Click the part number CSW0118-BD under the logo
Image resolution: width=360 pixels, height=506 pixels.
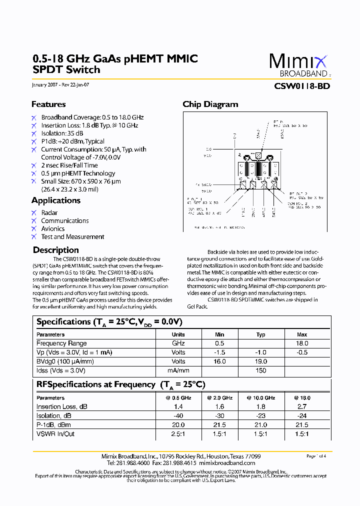click(302, 85)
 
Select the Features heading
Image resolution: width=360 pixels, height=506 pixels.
click(48, 104)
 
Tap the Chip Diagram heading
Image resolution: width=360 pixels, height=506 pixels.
click(210, 104)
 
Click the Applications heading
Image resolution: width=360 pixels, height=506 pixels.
click(55, 200)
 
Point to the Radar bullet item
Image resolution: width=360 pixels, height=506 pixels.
click(49, 213)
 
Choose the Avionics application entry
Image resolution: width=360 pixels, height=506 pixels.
click(52, 229)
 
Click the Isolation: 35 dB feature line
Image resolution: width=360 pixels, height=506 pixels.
click(62, 133)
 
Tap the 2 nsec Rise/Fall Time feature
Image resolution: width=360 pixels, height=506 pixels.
click(69, 165)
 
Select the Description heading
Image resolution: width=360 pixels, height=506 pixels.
click(55, 250)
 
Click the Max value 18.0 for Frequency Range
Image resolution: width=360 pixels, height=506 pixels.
click(302, 343)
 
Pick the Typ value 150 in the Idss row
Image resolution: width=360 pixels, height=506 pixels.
click(260, 370)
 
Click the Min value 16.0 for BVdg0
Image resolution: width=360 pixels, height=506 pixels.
click(219, 361)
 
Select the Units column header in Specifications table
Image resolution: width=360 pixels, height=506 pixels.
click(178, 334)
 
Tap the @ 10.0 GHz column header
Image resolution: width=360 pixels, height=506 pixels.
click(260, 398)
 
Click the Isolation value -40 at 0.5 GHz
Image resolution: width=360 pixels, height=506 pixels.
click(178, 416)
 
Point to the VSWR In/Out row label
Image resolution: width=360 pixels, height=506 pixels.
click(55, 434)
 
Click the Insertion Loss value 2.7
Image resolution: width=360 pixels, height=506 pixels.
click(302, 407)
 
